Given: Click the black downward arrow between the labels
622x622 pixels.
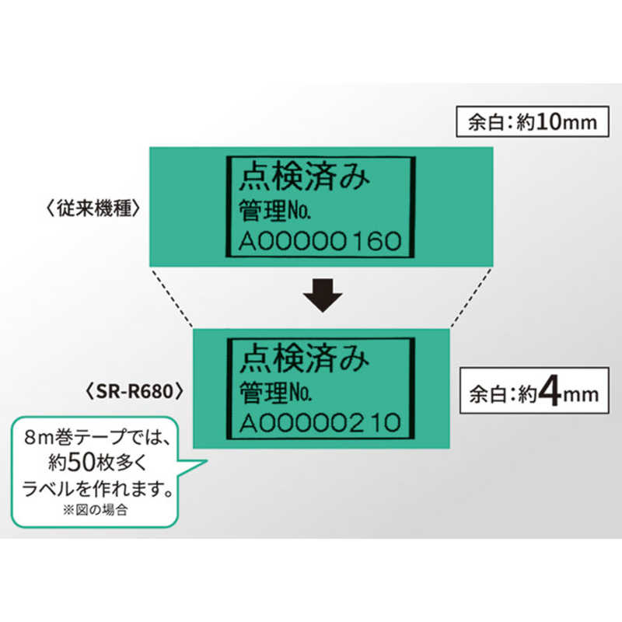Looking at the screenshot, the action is pyautogui.click(x=323, y=295).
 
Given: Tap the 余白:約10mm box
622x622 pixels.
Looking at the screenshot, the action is pyautogui.click(x=533, y=121).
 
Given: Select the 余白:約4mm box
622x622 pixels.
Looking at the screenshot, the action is pyautogui.click(x=534, y=391).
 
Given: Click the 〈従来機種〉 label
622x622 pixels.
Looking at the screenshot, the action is pyautogui.click(x=93, y=208).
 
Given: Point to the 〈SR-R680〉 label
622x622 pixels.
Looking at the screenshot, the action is pyautogui.click(x=135, y=391).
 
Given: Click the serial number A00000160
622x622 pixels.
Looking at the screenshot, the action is pyautogui.click(x=320, y=241).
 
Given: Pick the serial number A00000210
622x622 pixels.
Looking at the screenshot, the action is pyautogui.click(x=320, y=422).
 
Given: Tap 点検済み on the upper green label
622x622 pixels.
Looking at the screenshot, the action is pyautogui.click(x=304, y=176).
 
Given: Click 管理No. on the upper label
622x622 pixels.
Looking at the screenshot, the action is pyautogui.click(x=274, y=210).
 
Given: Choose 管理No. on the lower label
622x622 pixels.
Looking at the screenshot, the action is pyautogui.click(x=275, y=392).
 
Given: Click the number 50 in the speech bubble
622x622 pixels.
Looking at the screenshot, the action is pyautogui.click(x=82, y=462).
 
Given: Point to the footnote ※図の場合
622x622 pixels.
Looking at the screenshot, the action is pyautogui.click(x=95, y=510).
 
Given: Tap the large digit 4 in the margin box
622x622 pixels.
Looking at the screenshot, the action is pyautogui.click(x=550, y=392).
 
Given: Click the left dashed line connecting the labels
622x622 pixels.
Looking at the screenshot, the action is pyautogui.click(x=172, y=298).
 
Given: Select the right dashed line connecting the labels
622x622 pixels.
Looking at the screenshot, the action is pyautogui.click(x=471, y=298).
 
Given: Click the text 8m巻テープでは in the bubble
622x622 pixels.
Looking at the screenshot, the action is pyautogui.click(x=97, y=438).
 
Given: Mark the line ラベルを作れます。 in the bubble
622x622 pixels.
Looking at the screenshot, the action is pyautogui.click(x=98, y=488).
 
